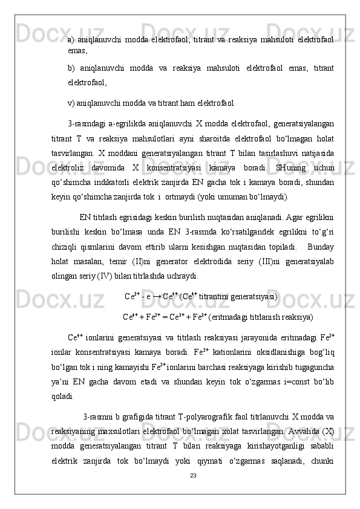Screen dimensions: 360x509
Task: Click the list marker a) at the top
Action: (x=71, y=40)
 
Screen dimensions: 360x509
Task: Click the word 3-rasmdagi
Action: (x=87, y=124)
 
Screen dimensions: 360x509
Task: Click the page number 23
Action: (x=193, y=476)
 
